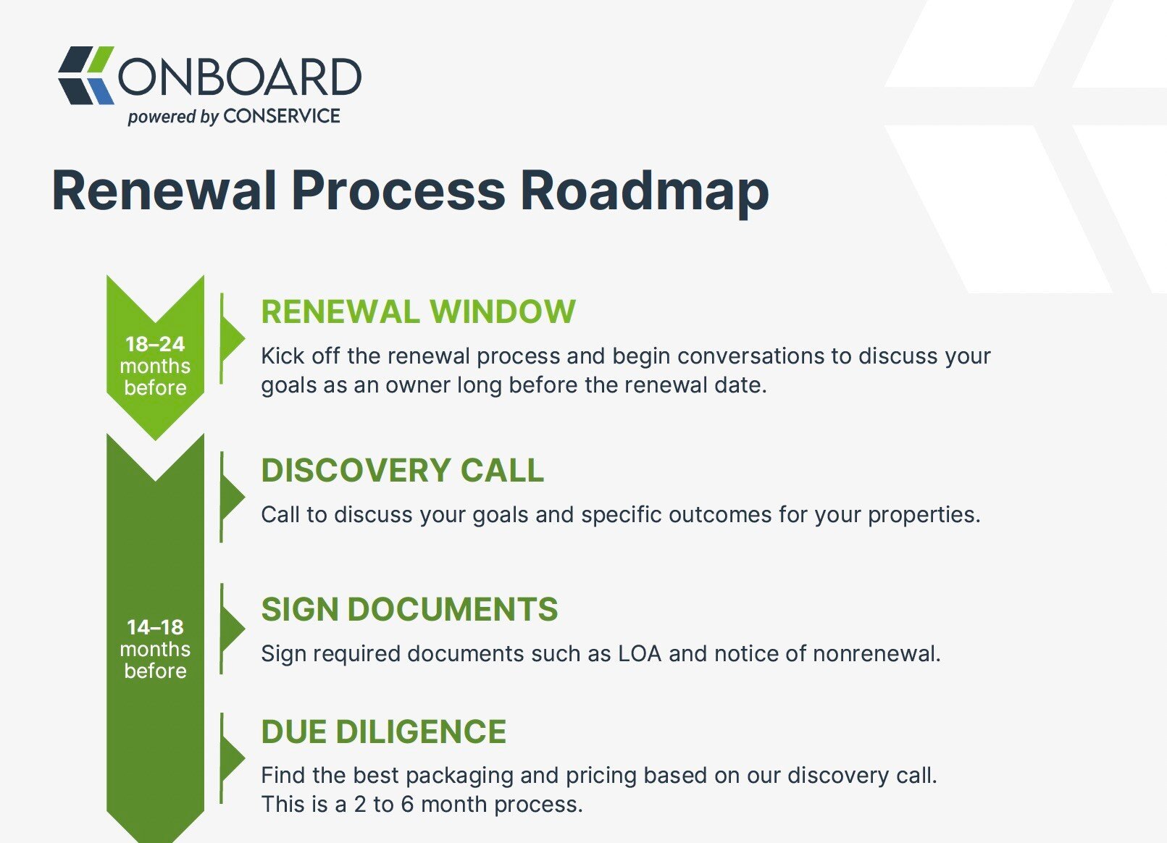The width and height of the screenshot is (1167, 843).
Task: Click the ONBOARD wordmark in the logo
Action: [x=240, y=77]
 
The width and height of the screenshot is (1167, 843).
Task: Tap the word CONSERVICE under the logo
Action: [x=282, y=116]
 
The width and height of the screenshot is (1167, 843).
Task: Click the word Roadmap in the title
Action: [x=645, y=192]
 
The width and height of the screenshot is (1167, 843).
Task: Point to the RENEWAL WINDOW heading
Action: [x=419, y=311]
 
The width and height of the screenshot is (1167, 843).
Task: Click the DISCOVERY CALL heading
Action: [x=403, y=471]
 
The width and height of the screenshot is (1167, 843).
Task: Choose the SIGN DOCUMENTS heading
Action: [x=409, y=609]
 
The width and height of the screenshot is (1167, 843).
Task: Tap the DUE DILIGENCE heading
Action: [x=384, y=731]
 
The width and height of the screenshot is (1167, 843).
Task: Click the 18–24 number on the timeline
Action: [x=155, y=344]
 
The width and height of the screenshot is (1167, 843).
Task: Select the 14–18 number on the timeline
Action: [x=155, y=627]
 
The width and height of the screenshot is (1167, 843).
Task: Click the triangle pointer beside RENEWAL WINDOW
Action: [x=233, y=339]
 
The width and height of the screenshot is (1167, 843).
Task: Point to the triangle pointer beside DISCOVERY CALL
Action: [x=233, y=497]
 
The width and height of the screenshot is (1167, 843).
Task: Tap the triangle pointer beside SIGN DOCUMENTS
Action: [x=233, y=629]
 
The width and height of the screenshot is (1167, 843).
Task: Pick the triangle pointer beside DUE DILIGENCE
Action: [x=233, y=758]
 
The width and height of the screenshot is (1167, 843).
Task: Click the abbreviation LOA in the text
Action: [x=640, y=654]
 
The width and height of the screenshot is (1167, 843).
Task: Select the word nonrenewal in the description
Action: [x=877, y=654]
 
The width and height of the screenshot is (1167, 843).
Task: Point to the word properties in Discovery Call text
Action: [x=924, y=515]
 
